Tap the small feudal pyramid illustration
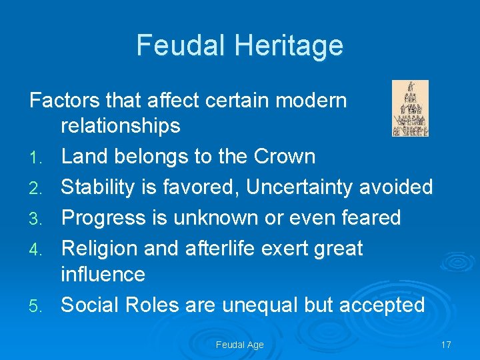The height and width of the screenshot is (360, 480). click(x=410, y=108)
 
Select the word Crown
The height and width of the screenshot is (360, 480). click(x=285, y=157)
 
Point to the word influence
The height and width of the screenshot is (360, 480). click(x=103, y=274)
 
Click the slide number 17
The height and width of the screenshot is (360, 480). click(x=446, y=345)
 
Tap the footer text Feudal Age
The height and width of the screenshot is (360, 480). click(x=240, y=345)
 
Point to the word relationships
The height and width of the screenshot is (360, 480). click(x=121, y=126)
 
